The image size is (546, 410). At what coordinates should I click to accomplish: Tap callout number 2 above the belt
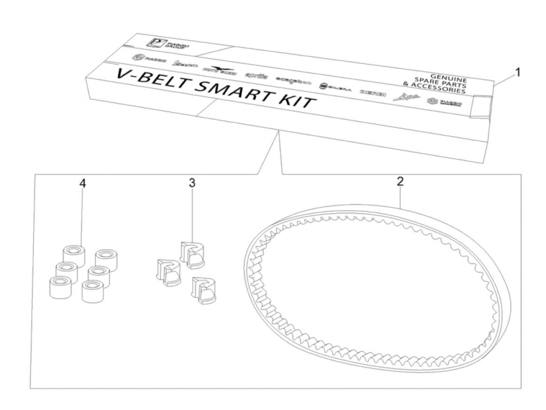400,182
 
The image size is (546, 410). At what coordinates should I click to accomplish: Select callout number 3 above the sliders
192,183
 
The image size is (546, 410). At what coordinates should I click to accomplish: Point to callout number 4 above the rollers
82,184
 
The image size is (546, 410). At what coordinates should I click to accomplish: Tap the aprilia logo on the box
256,76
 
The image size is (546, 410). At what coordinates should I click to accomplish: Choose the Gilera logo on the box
335,87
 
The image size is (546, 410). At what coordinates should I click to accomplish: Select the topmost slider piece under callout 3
192,255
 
